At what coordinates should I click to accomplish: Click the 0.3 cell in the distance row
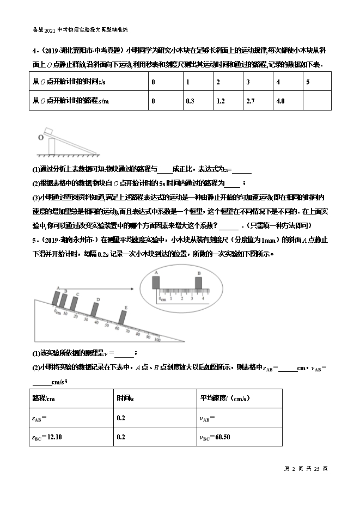click(x=190, y=101)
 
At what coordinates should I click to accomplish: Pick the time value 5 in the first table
click(x=308, y=82)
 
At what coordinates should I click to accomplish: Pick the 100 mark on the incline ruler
click(x=158, y=340)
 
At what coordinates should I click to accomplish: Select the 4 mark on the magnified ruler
click(x=203, y=298)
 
